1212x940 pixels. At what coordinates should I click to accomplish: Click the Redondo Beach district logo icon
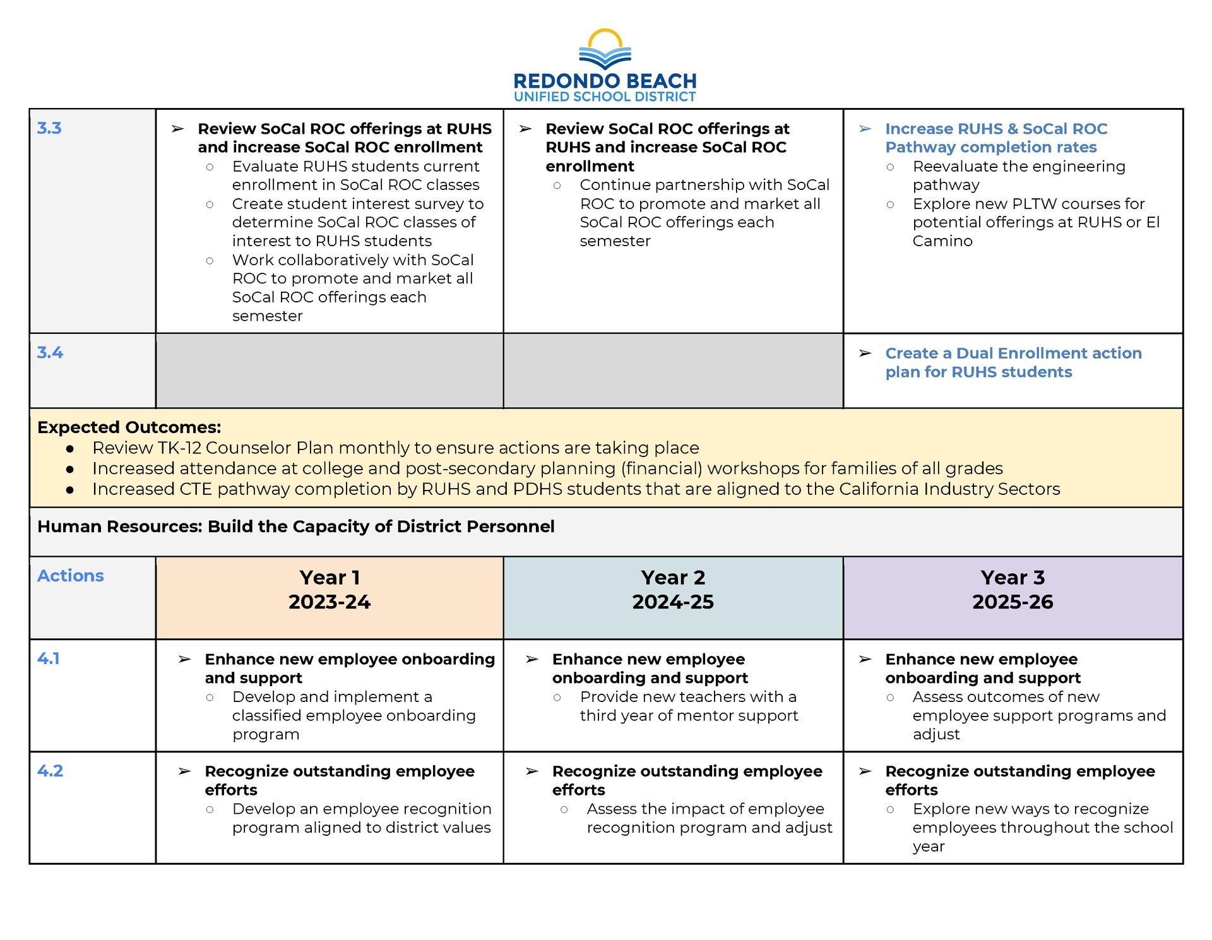point(605,50)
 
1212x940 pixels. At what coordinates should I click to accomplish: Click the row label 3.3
point(49,128)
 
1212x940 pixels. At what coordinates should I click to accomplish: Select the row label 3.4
point(50,353)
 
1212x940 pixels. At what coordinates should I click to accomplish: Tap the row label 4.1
point(49,658)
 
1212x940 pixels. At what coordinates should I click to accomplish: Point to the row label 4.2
point(50,771)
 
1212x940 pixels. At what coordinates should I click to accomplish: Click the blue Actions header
point(71,576)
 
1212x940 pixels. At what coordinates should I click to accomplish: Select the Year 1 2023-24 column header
point(330,590)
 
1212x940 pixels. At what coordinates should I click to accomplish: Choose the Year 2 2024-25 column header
point(673,590)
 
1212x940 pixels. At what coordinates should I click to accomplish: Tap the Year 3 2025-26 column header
point(1013,590)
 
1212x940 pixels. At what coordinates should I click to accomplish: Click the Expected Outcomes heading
point(129,427)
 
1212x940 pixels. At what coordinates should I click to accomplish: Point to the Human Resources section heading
point(295,527)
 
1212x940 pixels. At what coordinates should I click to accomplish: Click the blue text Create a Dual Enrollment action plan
point(1013,362)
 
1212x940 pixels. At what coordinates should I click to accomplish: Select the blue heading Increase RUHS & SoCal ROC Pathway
point(996,138)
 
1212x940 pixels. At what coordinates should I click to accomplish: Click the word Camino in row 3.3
point(942,241)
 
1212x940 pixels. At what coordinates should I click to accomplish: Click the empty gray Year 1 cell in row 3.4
point(330,371)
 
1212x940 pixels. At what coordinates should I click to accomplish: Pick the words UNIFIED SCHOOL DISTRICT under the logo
point(605,97)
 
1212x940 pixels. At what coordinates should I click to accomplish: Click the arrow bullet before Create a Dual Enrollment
point(865,354)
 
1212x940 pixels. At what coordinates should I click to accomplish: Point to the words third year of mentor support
point(689,716)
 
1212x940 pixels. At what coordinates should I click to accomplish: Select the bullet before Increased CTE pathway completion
point(70,490)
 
